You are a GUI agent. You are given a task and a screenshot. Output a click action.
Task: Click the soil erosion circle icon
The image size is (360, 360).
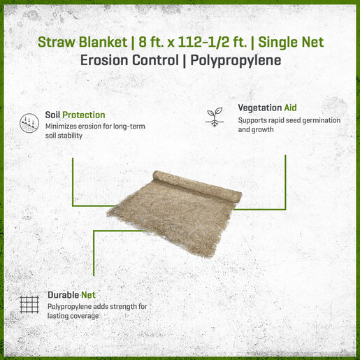[29, 123]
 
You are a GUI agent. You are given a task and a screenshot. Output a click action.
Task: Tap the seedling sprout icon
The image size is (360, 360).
[215, 117]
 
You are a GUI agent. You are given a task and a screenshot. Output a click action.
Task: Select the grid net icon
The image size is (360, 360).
[29, 305]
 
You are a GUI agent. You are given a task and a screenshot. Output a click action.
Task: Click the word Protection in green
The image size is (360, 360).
[84, 115]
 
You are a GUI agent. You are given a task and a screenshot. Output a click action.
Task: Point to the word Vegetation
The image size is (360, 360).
[260, 108]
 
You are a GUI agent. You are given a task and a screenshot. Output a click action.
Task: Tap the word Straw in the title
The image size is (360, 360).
[57, 42]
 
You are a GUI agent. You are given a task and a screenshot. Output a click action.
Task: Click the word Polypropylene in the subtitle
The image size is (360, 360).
[236, 61]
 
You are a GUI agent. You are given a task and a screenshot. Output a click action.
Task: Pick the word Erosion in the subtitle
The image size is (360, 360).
[105, 60]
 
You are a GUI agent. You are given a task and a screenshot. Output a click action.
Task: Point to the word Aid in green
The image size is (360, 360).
[290, 108]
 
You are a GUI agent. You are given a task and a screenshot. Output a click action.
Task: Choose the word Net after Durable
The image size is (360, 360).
[88, 295]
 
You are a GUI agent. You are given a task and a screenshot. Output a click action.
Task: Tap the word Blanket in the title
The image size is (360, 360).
[103, 42]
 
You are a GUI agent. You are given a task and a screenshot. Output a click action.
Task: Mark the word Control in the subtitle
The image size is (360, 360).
[156, 60]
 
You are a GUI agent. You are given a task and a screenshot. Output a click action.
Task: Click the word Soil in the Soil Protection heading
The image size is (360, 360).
[52, 115]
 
